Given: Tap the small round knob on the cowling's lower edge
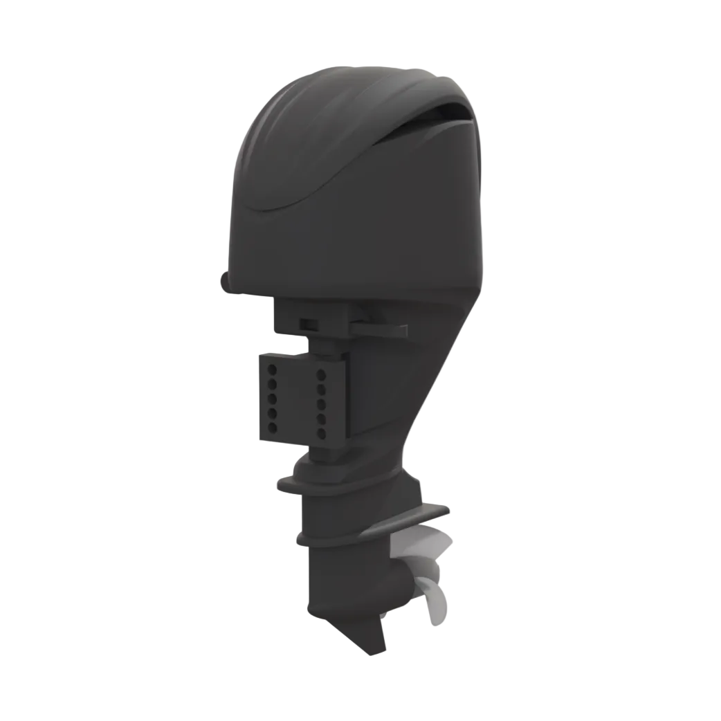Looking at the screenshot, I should pyautogui.click(x=225, y=282).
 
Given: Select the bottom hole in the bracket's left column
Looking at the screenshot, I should pyautogui.click(x=273, y=428).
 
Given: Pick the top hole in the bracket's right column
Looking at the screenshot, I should pyautogui.click(x=321, y=374).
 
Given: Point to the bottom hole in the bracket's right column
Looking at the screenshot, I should pyautogui.click(x=321, y=434).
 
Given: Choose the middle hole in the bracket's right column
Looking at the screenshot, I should pyautogui.click(x=321, y=404).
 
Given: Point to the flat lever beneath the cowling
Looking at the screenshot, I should pyautogui.click(x=381, y=329).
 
